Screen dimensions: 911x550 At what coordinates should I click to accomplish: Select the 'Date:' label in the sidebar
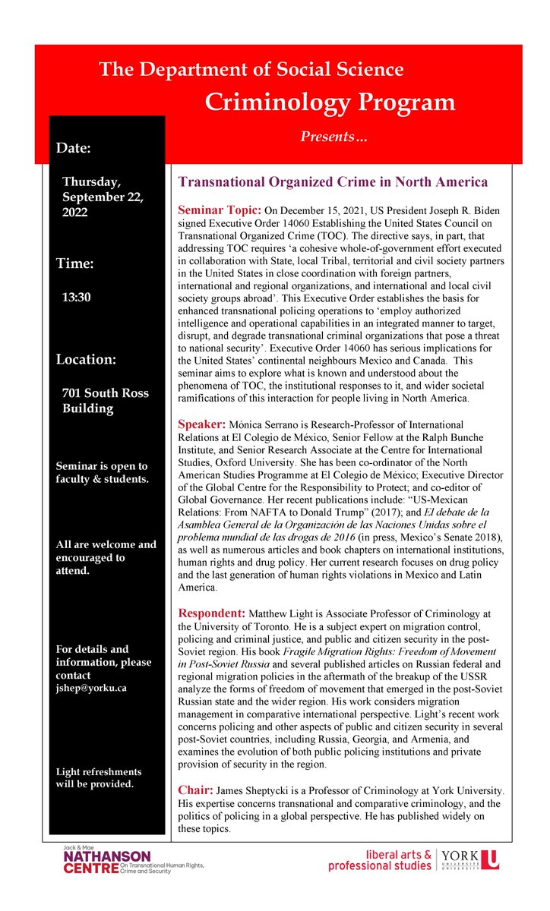(74, 148)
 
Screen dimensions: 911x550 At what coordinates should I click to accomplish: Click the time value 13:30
(77, 297)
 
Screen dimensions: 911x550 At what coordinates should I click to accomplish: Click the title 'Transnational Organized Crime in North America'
(332, 182)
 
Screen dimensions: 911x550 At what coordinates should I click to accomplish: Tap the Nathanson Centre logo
(133, 859)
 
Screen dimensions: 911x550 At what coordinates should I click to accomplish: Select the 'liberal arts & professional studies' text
(379, 859)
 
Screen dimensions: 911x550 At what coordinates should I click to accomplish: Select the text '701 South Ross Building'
(105, 400)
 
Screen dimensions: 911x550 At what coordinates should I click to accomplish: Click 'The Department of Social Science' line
(251, 70)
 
